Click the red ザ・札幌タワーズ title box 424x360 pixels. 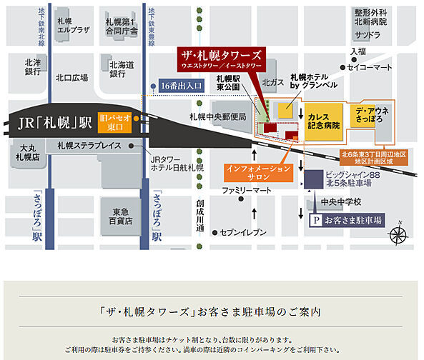[x=222, y=59]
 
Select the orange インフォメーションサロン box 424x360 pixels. [x=258, y=173]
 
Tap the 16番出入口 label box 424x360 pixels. [x=182, y=86]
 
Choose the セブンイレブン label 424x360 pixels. [x=243, y=232]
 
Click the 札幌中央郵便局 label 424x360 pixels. [x=217, y=116]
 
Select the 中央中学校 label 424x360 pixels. [x=341, y=201]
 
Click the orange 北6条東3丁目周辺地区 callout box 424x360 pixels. [x=374, y=157]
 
